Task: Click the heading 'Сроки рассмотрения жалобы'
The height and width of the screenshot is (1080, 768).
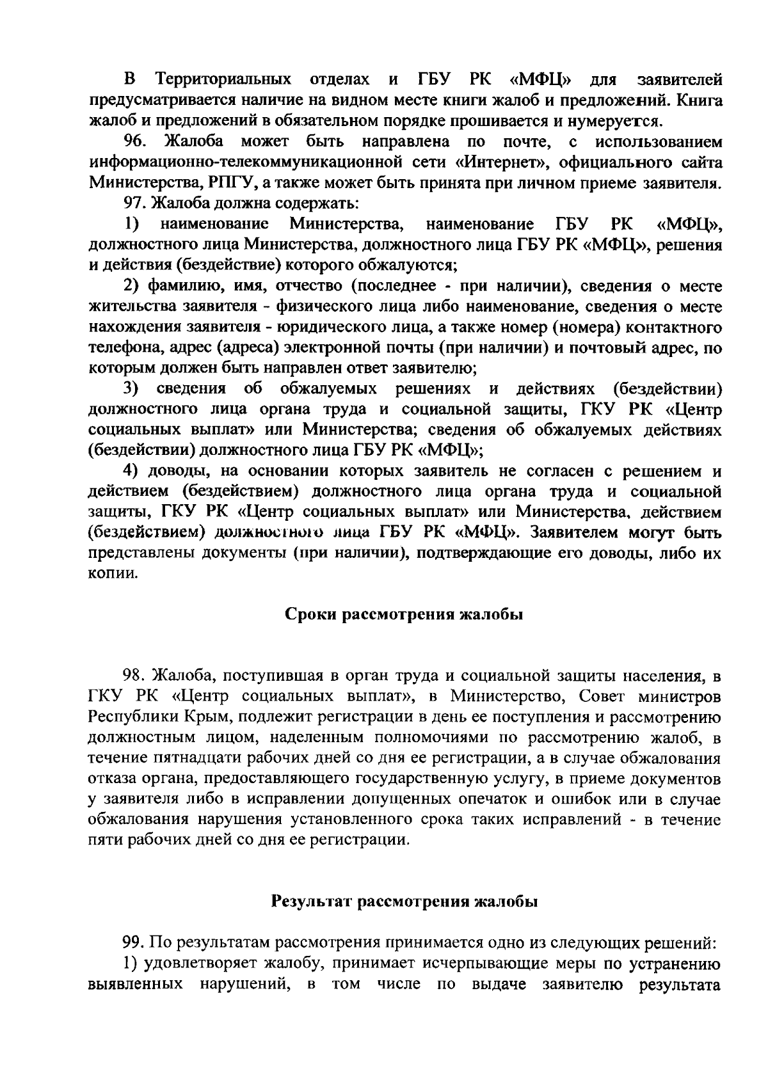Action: pos(403,615)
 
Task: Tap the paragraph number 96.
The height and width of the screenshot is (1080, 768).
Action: pos(136,141)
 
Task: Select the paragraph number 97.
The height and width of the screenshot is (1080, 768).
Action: pos(136,203)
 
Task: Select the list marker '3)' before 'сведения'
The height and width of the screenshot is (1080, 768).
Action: pos(131,388)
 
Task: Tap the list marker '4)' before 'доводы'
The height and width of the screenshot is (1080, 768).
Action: pos(131,472)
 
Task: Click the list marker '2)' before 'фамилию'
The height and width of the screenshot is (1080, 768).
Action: pos(131,285)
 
